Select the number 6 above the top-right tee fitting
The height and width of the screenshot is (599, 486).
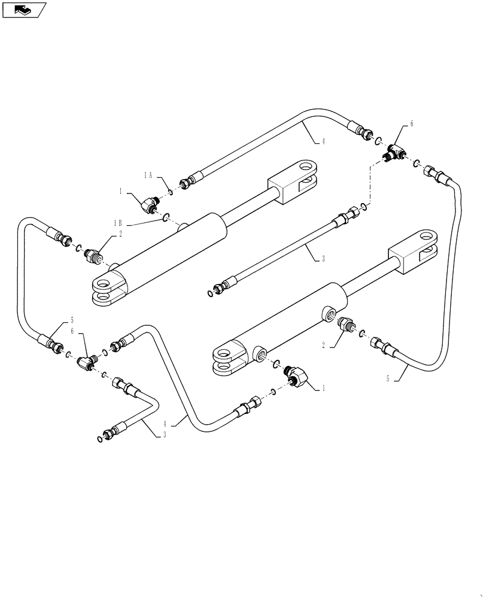[x=411, y=124]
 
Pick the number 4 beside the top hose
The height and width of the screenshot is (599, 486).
[x=323, y=141]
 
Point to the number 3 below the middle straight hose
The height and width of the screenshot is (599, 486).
[x=323, y=259]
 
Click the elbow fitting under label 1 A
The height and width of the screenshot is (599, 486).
[x=147, y=205]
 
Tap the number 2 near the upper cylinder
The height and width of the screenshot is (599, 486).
[x=120, y=234]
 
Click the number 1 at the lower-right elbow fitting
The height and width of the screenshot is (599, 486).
[x=323, y=388]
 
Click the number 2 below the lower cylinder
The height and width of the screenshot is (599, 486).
[x=323, y=345]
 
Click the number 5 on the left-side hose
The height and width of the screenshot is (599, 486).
[x=72, y=319]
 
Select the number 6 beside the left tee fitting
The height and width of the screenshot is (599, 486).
[x=72, y=331]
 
